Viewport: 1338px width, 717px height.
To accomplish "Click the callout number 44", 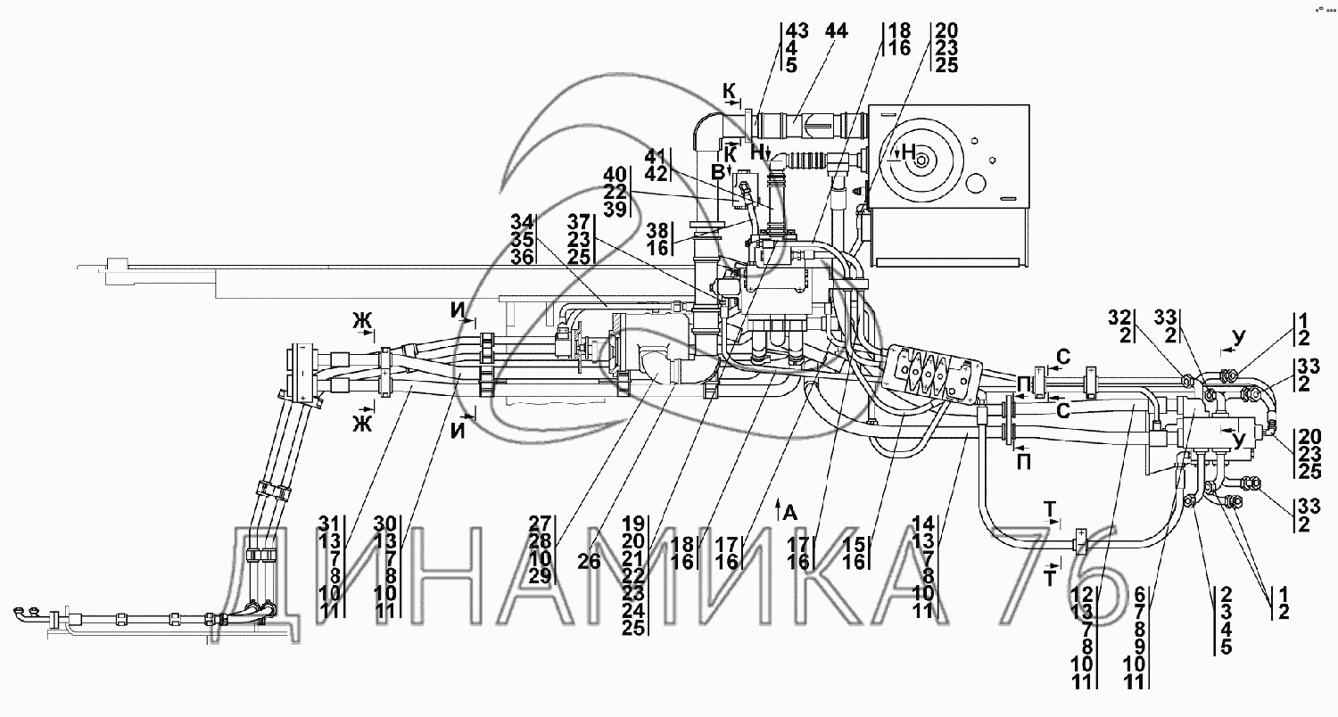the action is tap(837, 30).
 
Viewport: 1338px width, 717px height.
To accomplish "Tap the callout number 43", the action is tap(797, 30).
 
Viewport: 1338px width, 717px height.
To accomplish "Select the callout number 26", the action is tap(589, 561).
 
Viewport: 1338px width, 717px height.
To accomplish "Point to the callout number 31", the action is tap(328, 524).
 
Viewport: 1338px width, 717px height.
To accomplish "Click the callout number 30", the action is tap(385, 524).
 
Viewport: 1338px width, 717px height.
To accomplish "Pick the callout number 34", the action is tap(522, 223).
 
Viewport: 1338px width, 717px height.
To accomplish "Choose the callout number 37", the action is tap(578, 223).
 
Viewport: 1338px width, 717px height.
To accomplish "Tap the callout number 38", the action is tap(657, 230).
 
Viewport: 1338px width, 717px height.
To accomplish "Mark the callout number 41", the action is tap(656, 156).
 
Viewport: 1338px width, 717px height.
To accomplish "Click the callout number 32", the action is tap(1120, 317).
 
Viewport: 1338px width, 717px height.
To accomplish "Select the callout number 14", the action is tap(923, 524).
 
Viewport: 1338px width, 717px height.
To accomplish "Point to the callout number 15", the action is tap(855, 545).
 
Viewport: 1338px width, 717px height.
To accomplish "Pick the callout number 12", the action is tap(1082, 595).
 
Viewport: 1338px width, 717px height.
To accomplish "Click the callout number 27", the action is tap(540, 523).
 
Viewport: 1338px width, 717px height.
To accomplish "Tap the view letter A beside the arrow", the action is tap(789, 513).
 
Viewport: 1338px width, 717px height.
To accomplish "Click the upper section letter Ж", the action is tap(362, 322).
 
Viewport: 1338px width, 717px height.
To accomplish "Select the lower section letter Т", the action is tap(1050, 578).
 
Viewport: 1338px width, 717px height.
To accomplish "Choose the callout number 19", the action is tap(633, 523).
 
